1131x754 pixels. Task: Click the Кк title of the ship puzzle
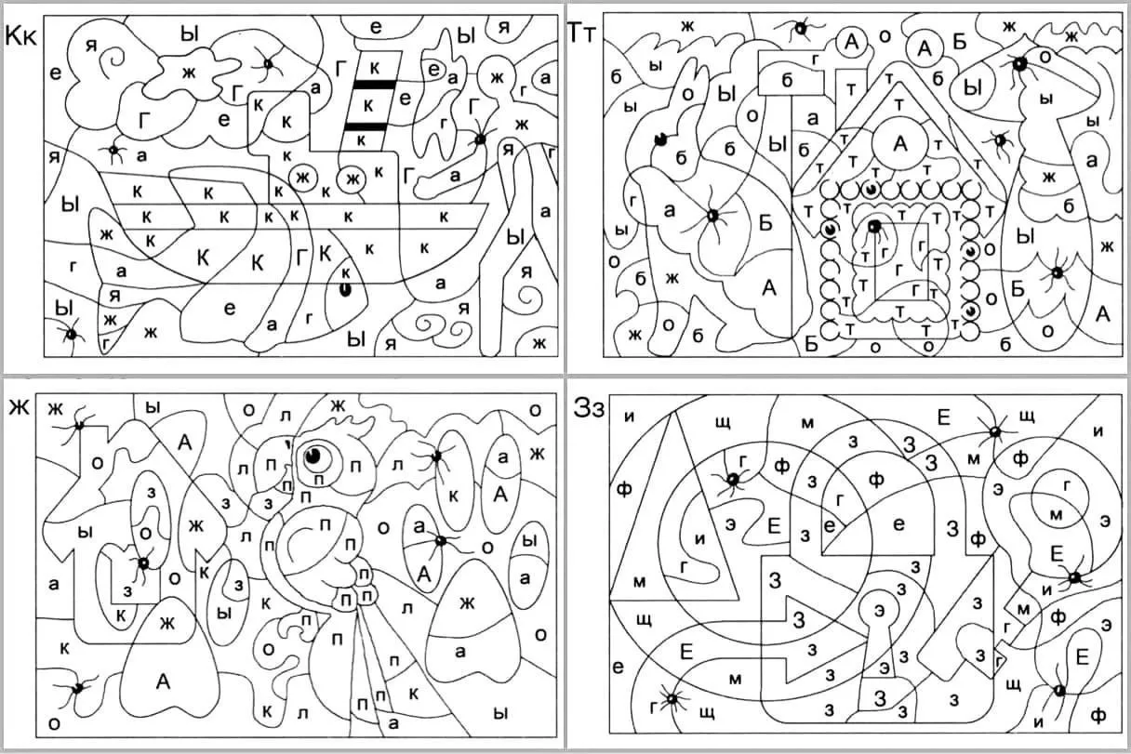point(20,36)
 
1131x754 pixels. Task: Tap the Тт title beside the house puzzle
point(581,33)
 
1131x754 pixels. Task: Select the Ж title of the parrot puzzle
point(20,407)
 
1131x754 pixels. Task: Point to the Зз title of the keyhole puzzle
point(589,408)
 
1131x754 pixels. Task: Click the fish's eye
point(345,289)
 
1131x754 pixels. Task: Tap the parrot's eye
point(313,456)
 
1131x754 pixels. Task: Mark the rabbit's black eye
point(660,139)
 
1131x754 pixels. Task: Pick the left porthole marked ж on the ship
point(302,178)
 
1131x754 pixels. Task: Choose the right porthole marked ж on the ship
point(352,179)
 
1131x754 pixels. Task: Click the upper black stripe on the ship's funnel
point(374,85)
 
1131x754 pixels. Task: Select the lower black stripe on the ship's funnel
point(366,126)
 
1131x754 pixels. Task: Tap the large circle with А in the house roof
point(900,144)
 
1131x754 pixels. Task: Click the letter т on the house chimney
point(851,90)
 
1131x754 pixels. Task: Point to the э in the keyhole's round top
point(880,611)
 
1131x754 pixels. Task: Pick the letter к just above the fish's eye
point(346,272)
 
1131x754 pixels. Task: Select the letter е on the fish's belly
point(230,308)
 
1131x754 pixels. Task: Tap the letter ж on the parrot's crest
point(338,404)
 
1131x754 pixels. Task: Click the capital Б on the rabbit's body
point(766,222)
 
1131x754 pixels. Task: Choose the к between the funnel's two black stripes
point(368,106)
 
